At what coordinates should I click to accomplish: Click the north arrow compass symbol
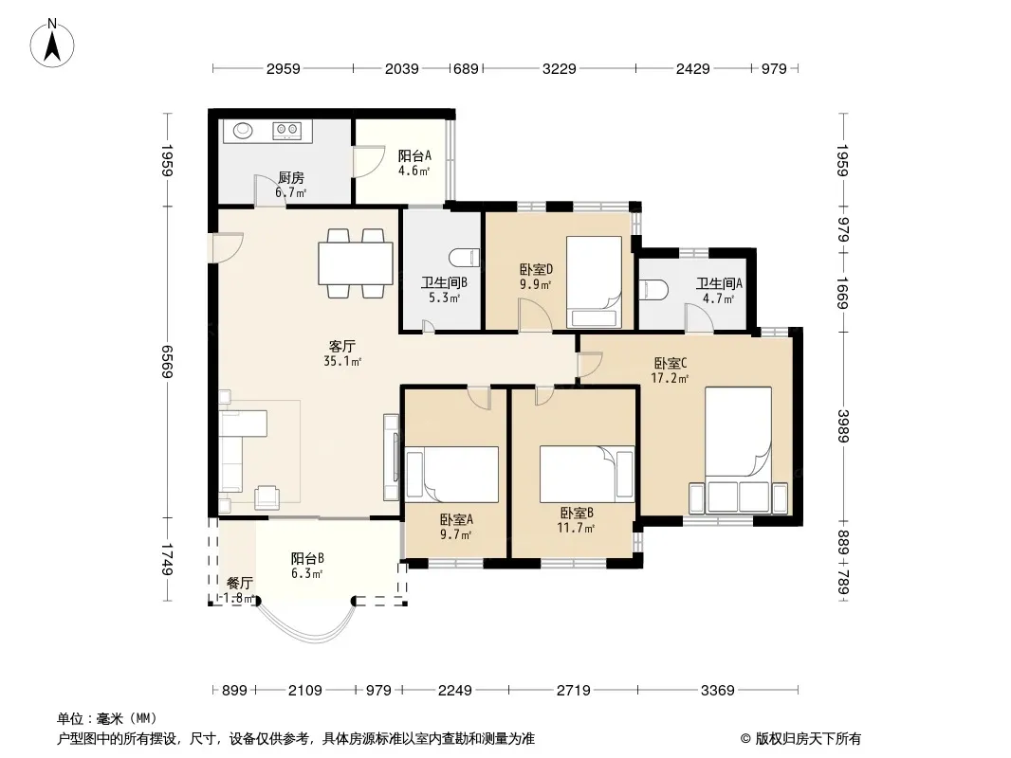click(51, 44)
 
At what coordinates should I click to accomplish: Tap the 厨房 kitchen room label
click(291, 178)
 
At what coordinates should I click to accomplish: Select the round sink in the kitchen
click(243, 131)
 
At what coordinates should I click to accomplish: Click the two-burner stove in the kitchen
click(287, 131)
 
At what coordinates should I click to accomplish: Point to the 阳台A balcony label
click(414, 155)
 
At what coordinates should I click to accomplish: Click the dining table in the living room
click(356, 263)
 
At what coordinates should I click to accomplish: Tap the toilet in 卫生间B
click(466, 258)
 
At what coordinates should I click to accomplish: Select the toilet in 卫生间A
click(653, 289)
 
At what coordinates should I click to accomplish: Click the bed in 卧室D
click(594, 282)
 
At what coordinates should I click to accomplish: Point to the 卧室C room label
click(670, 363)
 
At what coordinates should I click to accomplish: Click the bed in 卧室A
click(452, 475)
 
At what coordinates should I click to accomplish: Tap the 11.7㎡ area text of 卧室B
click(576, 528)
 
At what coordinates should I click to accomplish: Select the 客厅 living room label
click(341, 347)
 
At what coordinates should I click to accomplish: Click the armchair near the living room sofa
click(267, 496)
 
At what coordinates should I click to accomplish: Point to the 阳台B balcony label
click(307, 558)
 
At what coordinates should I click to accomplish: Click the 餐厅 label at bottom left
click(239, 584)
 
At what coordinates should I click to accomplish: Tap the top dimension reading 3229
click(559, 68)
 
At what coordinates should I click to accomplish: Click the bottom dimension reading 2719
click(573, 691)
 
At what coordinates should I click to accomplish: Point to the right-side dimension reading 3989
click(843, 426)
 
